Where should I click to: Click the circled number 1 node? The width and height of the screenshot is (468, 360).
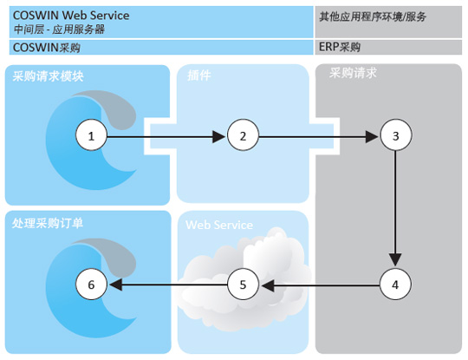(91, 135)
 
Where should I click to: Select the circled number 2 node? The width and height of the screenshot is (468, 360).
(243, 135)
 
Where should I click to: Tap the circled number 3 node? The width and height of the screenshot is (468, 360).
(396, 135)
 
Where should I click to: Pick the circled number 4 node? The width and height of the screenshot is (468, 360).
(396, 284)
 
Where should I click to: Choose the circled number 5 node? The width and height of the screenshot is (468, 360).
(243, 284)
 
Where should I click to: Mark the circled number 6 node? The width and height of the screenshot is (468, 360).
(91, 284)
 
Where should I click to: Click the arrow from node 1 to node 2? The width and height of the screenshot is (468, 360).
(166, 137)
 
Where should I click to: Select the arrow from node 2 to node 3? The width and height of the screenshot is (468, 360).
(318, 137)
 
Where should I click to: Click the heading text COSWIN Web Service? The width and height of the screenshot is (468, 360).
(71, 16)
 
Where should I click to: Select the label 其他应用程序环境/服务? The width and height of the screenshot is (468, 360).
(373, 16)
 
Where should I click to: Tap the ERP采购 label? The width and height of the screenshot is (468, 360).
(340, 47)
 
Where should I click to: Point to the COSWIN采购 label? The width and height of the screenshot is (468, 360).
(47, 48)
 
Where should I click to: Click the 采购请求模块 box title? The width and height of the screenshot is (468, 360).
(48, 76)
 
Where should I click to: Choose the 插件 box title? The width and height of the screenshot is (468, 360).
(199, 75)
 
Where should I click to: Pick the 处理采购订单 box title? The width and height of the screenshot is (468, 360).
(48, 223)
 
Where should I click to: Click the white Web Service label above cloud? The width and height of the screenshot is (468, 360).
(219, 225)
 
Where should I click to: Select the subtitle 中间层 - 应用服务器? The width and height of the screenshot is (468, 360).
(59, 29)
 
